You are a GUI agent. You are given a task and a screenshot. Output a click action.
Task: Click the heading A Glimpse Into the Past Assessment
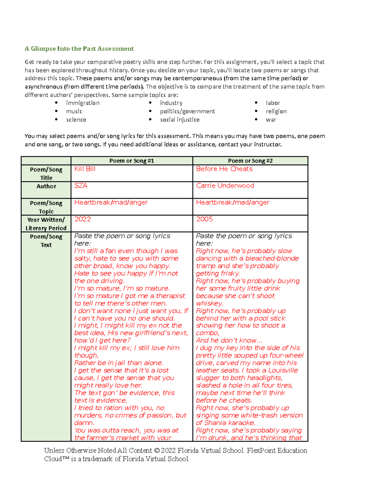tap(79, 49)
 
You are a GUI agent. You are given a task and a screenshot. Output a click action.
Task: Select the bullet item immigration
tap(82, 103)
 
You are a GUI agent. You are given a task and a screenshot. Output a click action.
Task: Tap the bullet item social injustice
tap(180, 120)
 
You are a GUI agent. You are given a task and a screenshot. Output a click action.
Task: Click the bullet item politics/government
tap(187, 111)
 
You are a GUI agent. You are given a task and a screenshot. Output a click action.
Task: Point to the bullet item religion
tap(276, 111)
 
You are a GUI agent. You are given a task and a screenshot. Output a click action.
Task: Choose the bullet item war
tap(271, 120)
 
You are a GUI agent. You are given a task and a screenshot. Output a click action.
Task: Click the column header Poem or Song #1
tap(132, 161)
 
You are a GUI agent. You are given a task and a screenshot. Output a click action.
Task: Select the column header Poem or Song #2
tap(250, 161)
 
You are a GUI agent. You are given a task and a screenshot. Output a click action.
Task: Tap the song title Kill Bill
tap(85, 169)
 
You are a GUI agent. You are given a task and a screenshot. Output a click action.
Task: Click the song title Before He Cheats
tap(224, 169)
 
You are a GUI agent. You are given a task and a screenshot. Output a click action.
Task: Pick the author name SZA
tap(81, 186)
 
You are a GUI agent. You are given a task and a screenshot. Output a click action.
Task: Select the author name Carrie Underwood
tap(225, 186)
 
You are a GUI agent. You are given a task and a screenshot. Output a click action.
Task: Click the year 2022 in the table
tap(82, 219)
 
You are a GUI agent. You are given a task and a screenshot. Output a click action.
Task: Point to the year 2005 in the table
tap(204, 219)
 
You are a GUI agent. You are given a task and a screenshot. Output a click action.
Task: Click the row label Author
tap(46, 186)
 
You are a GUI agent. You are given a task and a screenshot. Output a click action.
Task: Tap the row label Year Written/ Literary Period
tap(46, 224)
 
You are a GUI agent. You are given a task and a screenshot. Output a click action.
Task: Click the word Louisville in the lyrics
tap(283, 370)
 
